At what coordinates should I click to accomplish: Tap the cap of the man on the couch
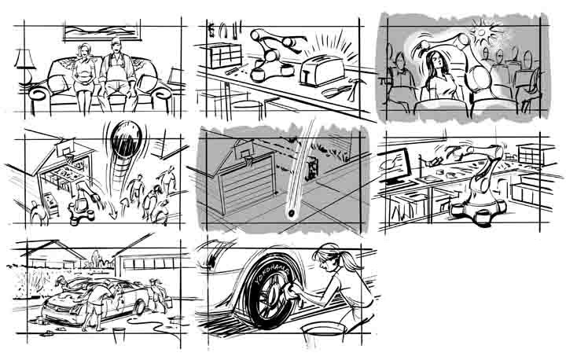[x=116, y=41]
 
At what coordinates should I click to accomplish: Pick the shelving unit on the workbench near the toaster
[x=226, y=55]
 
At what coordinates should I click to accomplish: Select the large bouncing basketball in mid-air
[x=126, y=139]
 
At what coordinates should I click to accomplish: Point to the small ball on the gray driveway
[x=291, y=214]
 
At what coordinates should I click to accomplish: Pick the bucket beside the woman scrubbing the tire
[x=324, y=334]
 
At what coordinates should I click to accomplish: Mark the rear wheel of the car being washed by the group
[x=139, y=307]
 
